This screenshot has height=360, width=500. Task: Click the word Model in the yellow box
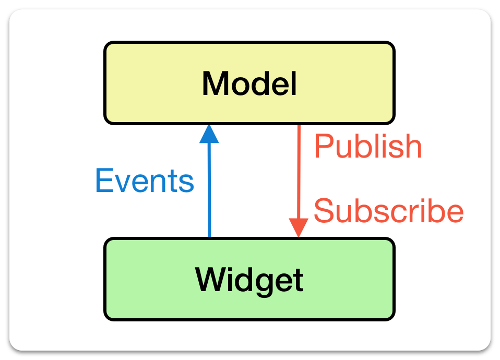click(249, 83)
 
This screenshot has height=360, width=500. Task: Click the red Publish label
click(368, 147)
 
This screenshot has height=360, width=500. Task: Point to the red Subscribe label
click(388, 211)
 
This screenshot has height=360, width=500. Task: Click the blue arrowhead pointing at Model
click(209, 134)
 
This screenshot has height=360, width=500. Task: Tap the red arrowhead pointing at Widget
click(299, 228)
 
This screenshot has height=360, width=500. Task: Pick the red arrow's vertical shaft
click(299, 172)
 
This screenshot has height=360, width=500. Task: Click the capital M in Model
click(216, 83)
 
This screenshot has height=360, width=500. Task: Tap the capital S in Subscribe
click(324, 211)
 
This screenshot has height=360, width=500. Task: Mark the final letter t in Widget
click(298, 280)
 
